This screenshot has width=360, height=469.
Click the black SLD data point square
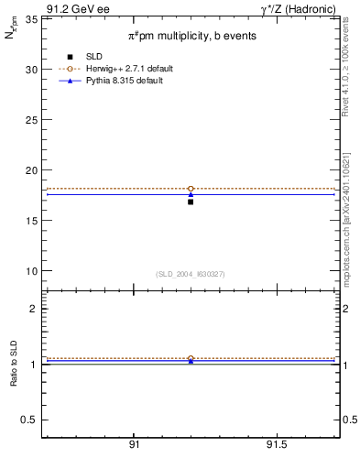click(191, 202)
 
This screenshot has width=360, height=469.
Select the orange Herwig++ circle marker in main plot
click(191, 189)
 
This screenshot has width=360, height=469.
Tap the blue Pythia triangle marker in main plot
click(191, 194)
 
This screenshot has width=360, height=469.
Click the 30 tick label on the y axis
click(30, 70)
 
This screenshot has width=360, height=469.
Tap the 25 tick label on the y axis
click(30, 120)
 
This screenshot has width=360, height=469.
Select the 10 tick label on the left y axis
click(30, 271)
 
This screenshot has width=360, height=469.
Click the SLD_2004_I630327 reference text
click(191, 274)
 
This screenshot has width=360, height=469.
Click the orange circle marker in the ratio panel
click(191, 358)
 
